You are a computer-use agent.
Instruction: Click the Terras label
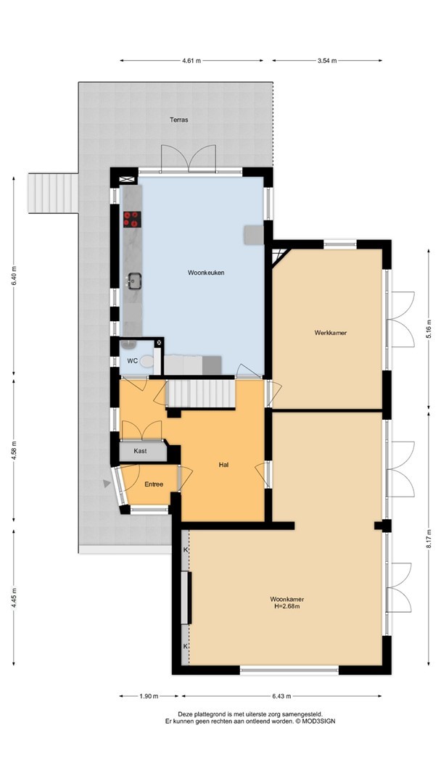click(x=179, y=120)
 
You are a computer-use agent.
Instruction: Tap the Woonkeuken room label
click(x=206, y=273)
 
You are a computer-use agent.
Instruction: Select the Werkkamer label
click(x=331, y=333)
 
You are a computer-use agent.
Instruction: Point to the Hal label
click(x=223, y=465)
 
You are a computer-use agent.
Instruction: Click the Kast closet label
click(x=140, y=451)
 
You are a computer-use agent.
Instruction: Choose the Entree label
click(x=154, y=484)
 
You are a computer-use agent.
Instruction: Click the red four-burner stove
click(x=132, y=219)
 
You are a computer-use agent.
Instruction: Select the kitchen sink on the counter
click(x=134, y=281)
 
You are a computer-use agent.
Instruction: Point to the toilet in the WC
click(x=147, y=360)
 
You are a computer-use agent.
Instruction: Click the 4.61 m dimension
click(x=191, y=61)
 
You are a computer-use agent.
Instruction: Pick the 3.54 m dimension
click(x=327, y=61)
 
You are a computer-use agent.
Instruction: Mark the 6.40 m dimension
click(x=14, y=276)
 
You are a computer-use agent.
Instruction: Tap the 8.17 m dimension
click(x=429, y=540)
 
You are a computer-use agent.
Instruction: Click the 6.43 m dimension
click(x=281, y=696)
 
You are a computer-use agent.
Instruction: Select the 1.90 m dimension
click(x=149, y=696)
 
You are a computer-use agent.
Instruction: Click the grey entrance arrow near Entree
click(x=107, y=484)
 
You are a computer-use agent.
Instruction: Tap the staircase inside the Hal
click(x=200, y=394)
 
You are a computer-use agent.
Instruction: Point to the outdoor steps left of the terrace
click(x=53, y=194)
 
